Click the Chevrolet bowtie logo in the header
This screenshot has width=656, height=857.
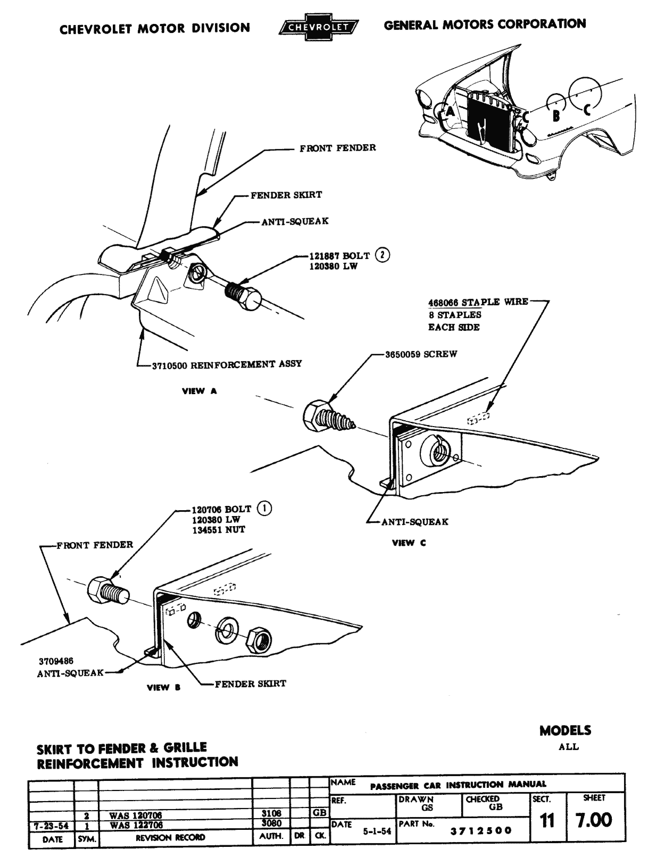[318, 27]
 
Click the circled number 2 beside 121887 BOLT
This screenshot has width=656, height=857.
[381, 255]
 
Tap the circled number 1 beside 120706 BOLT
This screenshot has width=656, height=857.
[264, 509]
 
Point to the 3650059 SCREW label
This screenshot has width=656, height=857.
[421, 354]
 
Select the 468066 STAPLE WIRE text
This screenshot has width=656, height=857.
[478, 302]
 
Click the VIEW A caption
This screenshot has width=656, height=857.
[200, 391]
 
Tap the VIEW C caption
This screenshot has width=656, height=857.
[409, 543]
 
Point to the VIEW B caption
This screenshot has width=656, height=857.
[163, 687]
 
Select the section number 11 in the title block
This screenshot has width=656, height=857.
[547, 821]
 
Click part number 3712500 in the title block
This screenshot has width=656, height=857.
[481, 830]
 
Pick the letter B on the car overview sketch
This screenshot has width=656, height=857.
[555, 115]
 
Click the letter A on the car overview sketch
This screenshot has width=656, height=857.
[450, 112]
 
